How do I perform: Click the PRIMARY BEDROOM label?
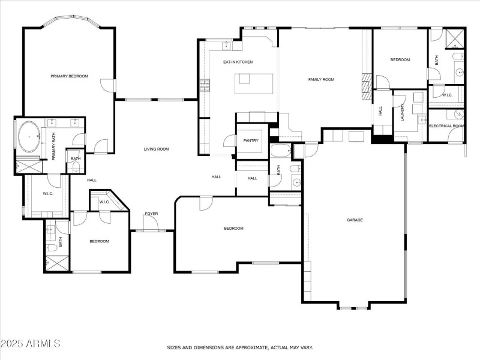[69, 76]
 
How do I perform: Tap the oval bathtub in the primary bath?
[28, 138]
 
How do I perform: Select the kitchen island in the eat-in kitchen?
[254, 83]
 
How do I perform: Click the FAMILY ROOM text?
[321, 79]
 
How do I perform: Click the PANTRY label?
[251, 141]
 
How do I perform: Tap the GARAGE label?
[355, 220]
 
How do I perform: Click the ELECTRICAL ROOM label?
[446, 126]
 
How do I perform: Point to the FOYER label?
[151, 214]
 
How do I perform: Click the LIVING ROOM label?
[156, 149]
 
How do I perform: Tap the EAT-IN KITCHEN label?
[238, 62]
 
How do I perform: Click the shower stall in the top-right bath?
[455, 39]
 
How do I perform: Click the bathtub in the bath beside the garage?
[280, 151]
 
